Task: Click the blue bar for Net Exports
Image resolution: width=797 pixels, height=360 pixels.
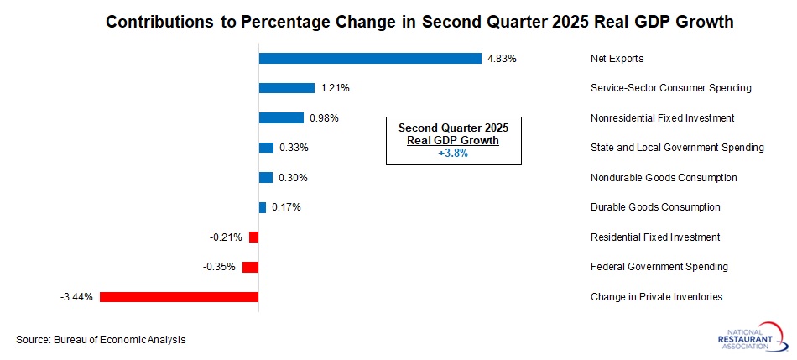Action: (370, 59)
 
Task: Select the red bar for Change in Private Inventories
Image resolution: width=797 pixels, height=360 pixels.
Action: (180, 296)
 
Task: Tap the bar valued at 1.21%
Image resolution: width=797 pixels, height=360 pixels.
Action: (286, 88)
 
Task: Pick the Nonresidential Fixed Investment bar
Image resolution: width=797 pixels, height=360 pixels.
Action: (281, 118)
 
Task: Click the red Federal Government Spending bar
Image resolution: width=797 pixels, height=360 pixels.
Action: (250, 267)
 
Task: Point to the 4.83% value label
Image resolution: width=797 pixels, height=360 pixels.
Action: (502, 59)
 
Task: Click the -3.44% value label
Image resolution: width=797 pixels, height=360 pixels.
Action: (76, 296)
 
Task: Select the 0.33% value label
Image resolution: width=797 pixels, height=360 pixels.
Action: (294, 148)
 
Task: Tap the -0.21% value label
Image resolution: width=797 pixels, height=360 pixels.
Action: (226, 237)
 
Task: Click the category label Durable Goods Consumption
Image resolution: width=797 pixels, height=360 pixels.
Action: (655, 207)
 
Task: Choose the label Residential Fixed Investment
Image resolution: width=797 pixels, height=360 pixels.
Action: (655, 237)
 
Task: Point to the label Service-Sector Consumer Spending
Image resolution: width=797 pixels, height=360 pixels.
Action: (670, 88)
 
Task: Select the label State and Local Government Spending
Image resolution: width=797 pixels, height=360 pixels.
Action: (677, 148)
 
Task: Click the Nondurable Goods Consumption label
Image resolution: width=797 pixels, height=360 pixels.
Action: (664, 178)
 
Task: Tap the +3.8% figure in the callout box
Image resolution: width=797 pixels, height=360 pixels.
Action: (453, 154)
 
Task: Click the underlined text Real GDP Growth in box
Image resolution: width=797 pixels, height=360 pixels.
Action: (453, 141)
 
